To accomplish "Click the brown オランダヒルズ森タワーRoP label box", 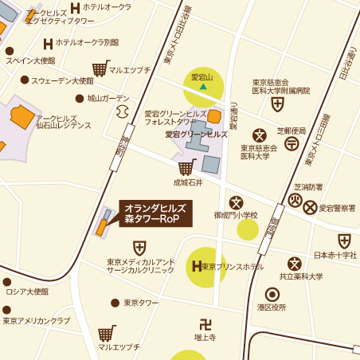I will pyautogui.click(x=155, y=213).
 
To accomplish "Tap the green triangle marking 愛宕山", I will pyautogui.click(x=203, y=86).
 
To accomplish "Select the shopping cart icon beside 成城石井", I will pyautogui.click(x=186, y=166).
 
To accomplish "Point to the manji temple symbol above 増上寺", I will pyautogui.click(x=205, y=324).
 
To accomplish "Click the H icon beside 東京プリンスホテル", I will pyautogui.click(x=196, y=266).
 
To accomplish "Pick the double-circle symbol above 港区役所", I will pyautogui.click(x=272, y=294).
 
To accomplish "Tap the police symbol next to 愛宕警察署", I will pyautogui.click(x=310, y=207).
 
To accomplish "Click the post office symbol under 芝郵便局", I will pyautogui.click(x=292, y=143).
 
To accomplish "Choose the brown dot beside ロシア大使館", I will pyautogui.click(x=7, y=282).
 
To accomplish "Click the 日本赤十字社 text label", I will pyautogui.click(x=335, y=256).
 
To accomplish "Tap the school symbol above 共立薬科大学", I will pyautogui.click(x=295, y=263).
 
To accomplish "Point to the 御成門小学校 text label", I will pyautogui.click(x=236, y=215).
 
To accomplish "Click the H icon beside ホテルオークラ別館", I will pyautogui.click(x=48, y=43).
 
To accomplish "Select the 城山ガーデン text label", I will pyautogui.click(x=108, y=99).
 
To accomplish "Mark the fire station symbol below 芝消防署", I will pyautogui.click(x=295, y=200).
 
